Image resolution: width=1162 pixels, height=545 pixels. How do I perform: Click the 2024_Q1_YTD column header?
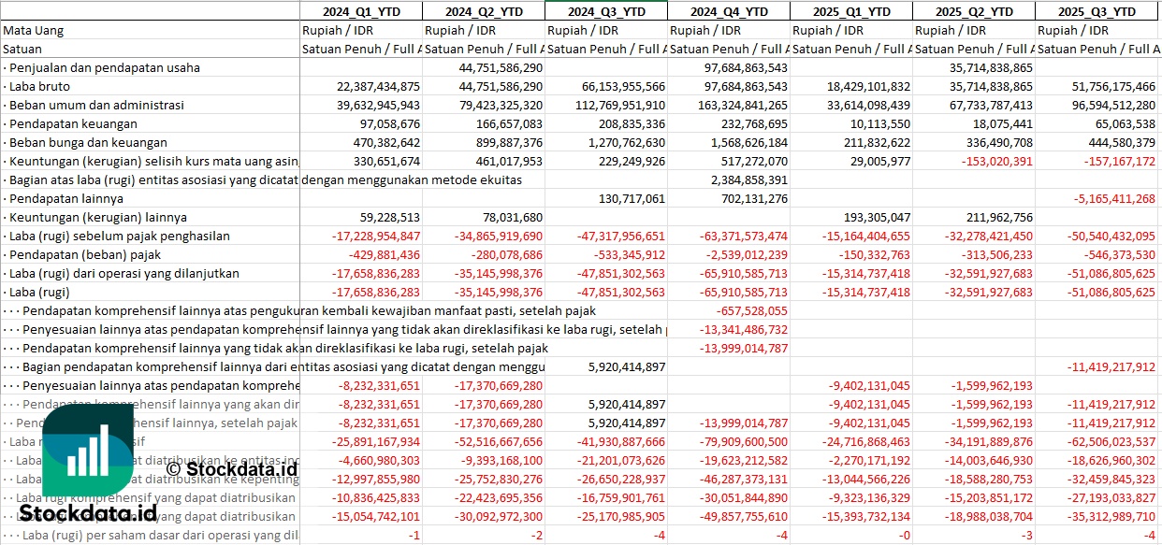(x=360, y=11)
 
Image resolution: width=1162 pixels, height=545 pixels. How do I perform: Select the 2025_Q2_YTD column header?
(x=974, y=11)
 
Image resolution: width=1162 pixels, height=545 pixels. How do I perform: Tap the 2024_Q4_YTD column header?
(x=729, y=11)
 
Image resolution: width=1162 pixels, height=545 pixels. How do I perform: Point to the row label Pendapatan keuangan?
(x=73, y=123)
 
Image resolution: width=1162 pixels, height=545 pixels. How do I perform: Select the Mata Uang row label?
(x=33, y=30)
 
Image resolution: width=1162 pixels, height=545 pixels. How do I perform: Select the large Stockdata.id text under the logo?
(x=88, y=512)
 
